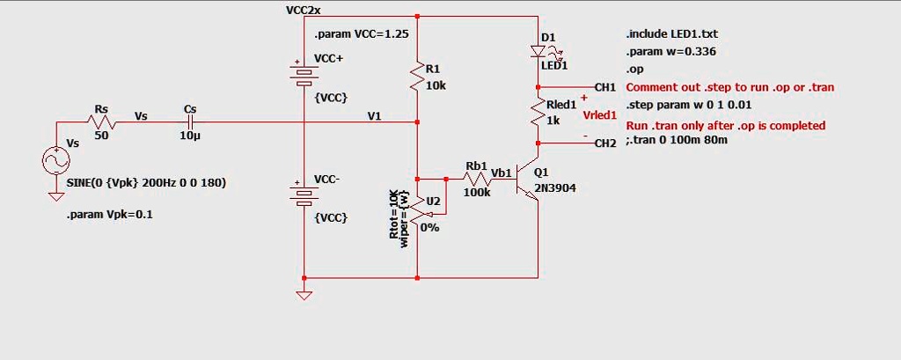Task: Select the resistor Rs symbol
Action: (101, 122)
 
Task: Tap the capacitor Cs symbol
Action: (190, 122)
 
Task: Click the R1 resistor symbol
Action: (417, 78)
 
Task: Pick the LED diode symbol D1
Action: (538, 51)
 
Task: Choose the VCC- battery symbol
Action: (303, 193)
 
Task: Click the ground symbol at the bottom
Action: (303, 294)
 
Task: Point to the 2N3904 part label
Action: (555, 187)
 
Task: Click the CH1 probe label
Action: (605, 87)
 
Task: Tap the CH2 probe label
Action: (605, 143)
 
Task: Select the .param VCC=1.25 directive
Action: (362, 33)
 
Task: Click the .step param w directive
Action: (677, 104)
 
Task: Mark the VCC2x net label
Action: (304, 11)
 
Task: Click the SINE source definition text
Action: (146, 182)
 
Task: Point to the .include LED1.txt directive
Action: (665, 33)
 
